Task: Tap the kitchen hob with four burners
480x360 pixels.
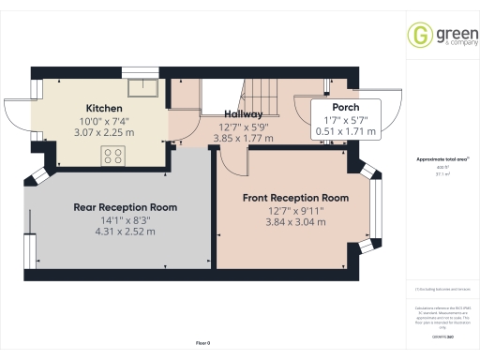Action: click(x=114, y=158)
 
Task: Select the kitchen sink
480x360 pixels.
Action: click(x=145, y=90)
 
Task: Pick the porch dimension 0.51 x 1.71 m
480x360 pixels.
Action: click(x=346, y=132)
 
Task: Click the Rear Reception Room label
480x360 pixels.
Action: click(x=125, y=207)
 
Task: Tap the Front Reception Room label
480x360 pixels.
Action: click(x=295, y=198)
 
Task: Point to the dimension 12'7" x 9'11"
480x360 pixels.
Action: click(x=294, y=211)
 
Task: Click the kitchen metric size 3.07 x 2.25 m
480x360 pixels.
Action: click(x=104, y=133)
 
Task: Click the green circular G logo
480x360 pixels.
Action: click(x=418, y=35)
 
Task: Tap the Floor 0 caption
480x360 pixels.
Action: click(x=202, y=343)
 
